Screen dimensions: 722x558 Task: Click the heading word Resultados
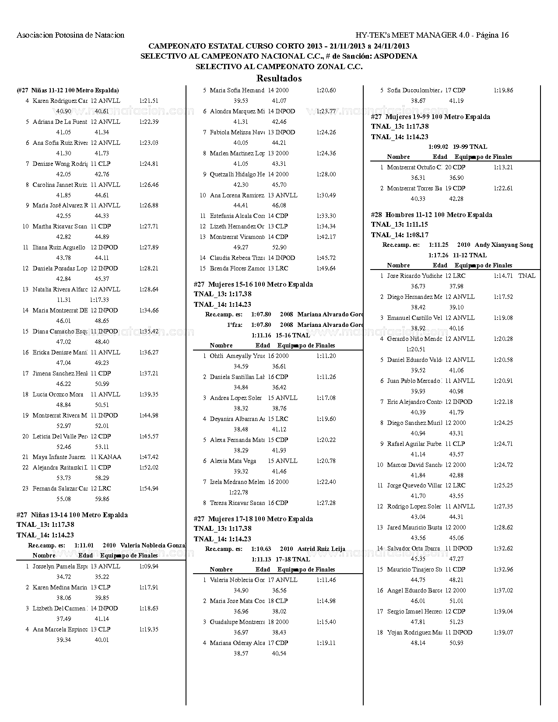pos(279,79)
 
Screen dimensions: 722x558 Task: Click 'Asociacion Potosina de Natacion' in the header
pos(70,35)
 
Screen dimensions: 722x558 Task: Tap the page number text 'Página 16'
pos(492,35)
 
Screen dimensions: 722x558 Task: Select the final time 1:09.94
pos(149,566)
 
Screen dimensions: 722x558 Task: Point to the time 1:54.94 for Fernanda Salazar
pos(149,488)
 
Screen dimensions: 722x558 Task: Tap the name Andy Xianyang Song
pos(504,245)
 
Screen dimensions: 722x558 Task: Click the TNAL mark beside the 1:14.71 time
pos(527,276)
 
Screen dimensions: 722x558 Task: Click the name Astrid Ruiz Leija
pos(321,549)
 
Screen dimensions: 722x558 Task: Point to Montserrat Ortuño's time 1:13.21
pos(503,167)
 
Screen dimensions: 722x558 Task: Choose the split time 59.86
pos(102,499)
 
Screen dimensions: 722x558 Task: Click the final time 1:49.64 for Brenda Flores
pos(326,268)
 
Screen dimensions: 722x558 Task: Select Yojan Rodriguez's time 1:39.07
pos(503,632)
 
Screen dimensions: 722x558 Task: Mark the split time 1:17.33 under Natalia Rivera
pos(99,300)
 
